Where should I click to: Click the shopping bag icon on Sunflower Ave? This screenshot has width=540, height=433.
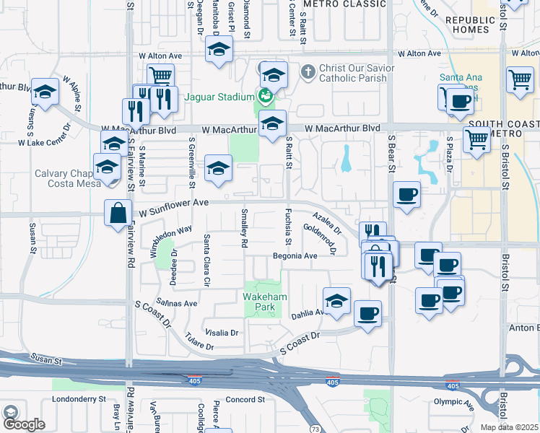118,214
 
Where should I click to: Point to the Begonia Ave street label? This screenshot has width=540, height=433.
295,256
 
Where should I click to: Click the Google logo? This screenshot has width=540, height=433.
24,425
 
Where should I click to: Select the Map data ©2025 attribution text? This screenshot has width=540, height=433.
510,427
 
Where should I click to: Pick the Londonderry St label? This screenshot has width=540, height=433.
79,398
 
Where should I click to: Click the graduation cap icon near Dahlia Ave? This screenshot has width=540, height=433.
336,301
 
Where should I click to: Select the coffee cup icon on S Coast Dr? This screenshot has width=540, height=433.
368,314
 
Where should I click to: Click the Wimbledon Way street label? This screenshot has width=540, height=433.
171,240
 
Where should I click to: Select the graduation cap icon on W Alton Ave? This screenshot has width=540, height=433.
218,51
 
